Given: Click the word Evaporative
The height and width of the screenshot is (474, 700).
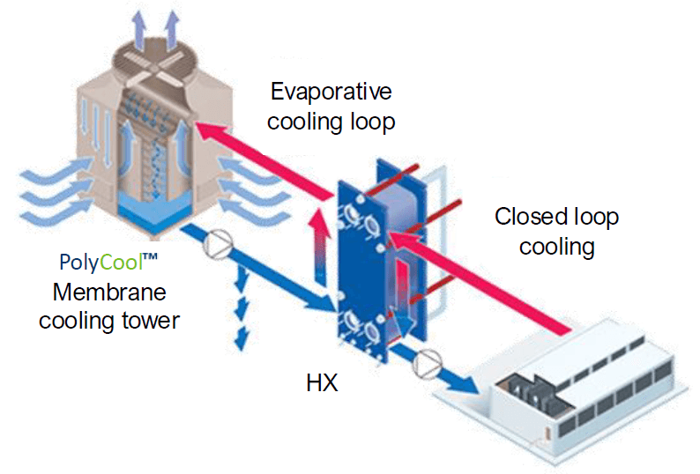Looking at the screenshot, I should click(331, 92).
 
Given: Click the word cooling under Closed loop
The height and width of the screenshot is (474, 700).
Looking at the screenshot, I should click(556, 247).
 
